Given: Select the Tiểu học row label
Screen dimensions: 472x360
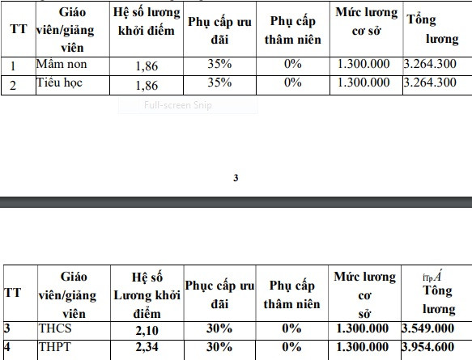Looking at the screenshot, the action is [60, 83].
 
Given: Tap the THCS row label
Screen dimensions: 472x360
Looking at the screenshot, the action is [55, 328].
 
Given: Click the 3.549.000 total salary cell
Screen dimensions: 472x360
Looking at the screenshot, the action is [427, 328].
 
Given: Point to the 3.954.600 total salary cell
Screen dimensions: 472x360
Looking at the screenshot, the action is [427, 346].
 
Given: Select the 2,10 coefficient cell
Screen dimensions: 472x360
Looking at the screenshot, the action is [147, 328].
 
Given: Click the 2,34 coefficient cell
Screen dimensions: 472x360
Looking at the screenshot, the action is [147, 346].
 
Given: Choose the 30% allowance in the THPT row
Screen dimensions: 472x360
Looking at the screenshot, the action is [219, 346].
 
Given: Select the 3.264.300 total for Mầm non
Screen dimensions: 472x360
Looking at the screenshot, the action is [430, 65].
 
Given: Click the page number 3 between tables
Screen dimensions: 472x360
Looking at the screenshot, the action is [236, 178].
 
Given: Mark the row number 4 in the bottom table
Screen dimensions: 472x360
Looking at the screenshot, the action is [7, 346].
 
